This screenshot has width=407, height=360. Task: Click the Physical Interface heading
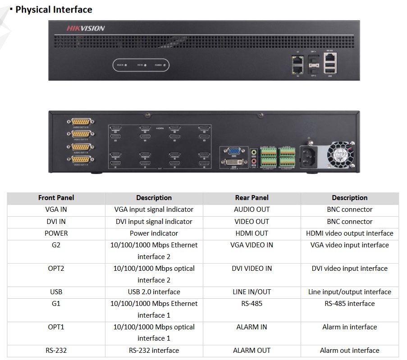(x=54, y=9)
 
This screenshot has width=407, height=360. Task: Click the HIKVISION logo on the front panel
(x=86, y=28)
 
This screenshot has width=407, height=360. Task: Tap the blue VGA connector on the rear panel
(x=233, y=152)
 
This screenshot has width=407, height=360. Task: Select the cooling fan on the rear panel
(x=341, y=154)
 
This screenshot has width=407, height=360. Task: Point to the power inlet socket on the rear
(x=309, y=156)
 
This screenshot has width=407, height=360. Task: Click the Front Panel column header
(x=56, y=198)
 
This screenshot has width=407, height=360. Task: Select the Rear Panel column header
(x=252, y=198)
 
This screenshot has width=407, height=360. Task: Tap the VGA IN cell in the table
(x=56, y=210)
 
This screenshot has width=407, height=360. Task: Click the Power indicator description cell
(x=154, y=233)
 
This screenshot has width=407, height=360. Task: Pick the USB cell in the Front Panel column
(x=56, y=292)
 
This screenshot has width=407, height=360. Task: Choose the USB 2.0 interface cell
(x=154, y=292)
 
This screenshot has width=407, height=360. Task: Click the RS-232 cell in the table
(x=56, y=351)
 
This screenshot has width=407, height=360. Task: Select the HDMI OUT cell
(x=252, y=233)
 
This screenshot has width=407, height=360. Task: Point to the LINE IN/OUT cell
(x=252, y=292)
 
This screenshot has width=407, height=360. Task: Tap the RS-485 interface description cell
(x=349, y=304)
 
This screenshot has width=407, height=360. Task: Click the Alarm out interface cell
(x=349, y=351)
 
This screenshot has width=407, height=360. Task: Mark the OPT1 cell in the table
(x=56, y=327)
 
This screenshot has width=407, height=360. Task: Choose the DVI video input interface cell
(x=349, y=269)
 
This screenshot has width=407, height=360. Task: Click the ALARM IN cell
(x=252, y=327)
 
